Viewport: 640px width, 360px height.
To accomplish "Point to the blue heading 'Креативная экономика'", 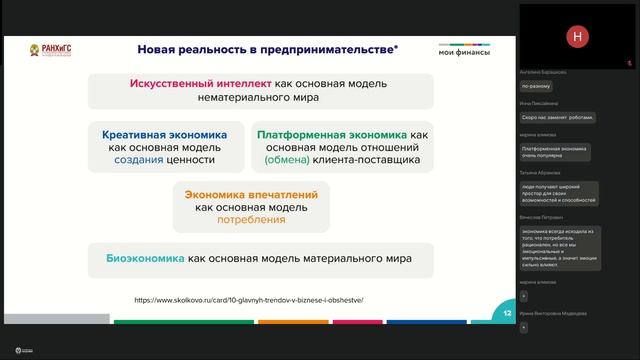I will tap(164, 134).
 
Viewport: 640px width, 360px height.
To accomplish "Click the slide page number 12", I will tap(508, 313).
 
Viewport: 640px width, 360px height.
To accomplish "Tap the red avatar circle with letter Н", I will tap(577, 36).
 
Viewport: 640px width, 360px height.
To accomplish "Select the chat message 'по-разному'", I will tap(535, 87).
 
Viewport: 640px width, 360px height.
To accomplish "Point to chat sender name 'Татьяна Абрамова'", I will tap(545, 174).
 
